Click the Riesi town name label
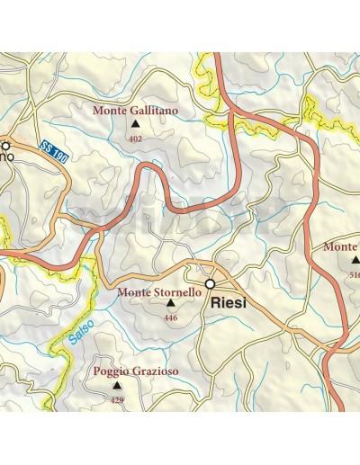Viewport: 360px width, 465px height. [x=229, y=305]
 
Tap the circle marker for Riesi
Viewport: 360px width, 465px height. [x=210, y=284]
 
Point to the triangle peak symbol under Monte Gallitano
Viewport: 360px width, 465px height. [x=136, y=125]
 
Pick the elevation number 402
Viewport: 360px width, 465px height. [x=136, y=139]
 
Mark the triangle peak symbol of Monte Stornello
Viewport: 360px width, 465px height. [x=170, y=304]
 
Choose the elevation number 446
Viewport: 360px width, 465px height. [x=170, y=317]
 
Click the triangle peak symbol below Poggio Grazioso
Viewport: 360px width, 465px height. [x=116, y=385]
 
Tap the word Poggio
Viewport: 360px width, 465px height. [x=109, y=371]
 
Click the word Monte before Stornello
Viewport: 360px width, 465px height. [x=133, y=292]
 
